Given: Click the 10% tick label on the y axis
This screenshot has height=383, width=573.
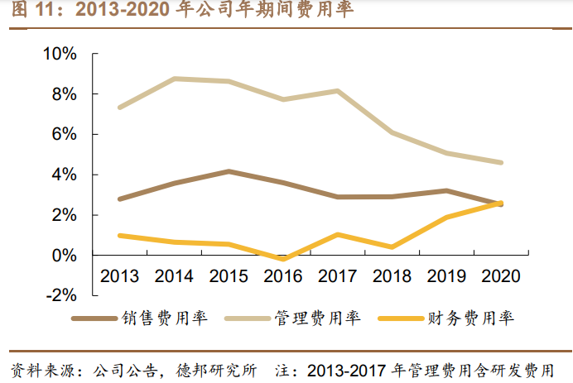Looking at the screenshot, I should click(x=60, y=54).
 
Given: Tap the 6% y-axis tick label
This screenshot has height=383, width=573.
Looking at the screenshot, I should click(x=65, y=134).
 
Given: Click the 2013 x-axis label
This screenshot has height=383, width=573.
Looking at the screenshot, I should click(x=120, y=275).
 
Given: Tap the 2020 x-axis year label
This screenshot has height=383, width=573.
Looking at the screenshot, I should click(x=500, y=275).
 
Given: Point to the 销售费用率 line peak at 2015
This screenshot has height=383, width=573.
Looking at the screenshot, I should click(x=229, y=171).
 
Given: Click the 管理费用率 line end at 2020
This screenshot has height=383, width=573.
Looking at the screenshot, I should click(x=500, y=163).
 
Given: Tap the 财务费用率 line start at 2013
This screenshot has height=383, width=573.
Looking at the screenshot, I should click(x=120, y=236).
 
